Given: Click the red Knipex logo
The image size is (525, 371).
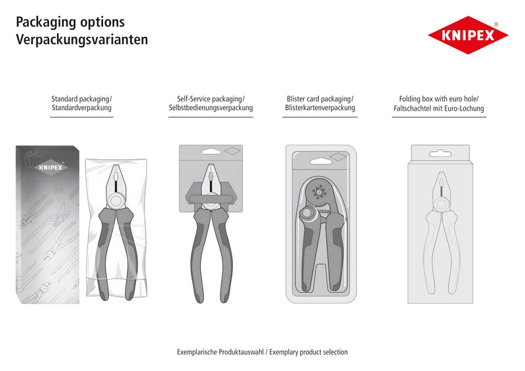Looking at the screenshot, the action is pos(468,35).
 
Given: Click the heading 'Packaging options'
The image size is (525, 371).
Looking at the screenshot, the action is pos(70,22).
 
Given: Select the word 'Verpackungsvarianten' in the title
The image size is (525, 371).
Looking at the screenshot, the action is pos(82,39).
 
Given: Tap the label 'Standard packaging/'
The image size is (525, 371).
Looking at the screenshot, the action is pos(81,99).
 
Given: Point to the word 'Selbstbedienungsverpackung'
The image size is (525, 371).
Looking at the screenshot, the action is pos(211,107).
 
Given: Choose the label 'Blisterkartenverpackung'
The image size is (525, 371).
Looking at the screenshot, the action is pos(320,107).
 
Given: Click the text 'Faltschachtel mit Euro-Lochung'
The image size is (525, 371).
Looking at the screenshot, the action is pos(438,108).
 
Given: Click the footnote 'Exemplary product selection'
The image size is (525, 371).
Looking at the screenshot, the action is pos(308,352).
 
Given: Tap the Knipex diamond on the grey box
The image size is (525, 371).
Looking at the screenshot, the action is pos(51,167).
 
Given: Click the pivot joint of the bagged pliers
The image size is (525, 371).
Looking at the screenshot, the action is pos(116,201).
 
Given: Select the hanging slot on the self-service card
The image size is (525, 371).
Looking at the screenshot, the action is pos(211,152).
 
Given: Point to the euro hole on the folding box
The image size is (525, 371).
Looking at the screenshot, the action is pos(440,154).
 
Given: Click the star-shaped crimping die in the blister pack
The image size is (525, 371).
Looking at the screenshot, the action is pos(319,192).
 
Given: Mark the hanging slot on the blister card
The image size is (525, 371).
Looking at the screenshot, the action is pos(321,162).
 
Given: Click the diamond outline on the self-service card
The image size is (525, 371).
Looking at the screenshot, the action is pos(233,151).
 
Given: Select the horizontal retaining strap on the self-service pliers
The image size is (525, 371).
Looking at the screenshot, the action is pos(211,199).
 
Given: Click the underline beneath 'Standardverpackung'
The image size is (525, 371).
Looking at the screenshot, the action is pos(81,117).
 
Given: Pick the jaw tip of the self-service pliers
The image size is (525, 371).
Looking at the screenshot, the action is pos(211,165).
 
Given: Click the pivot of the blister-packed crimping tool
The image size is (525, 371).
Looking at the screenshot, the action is pos(307,213).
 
